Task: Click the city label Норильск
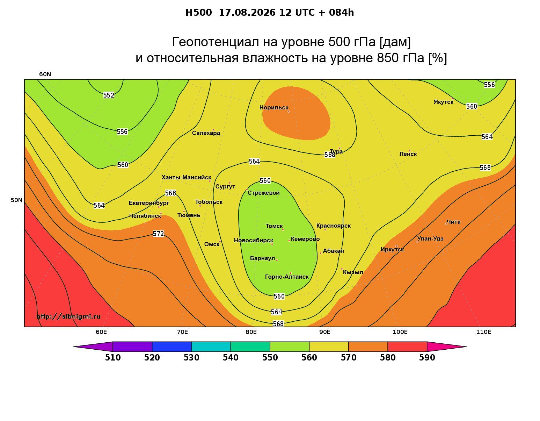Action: click(273, 107)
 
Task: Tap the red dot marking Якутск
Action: click(452, 99)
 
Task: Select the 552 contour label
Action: click(109, 95)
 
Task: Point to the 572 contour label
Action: click(158, 234)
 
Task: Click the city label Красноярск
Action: click(333, 226)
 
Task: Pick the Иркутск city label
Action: click(392, 249)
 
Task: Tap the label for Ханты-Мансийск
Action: click(186, 177)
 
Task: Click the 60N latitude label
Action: click(45, 74)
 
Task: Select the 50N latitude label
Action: click(16, 200)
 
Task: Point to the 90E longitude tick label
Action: click(325, 332)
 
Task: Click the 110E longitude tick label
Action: click(483, 332)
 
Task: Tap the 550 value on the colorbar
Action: click(270, 358)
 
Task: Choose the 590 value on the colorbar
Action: click(427, 358)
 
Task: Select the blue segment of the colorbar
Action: click(172, 347)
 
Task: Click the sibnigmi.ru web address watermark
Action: click(68, 316)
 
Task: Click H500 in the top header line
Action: click(198, 13)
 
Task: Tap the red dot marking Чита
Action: click(446, 224)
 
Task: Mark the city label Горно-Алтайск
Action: click(287, 277)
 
